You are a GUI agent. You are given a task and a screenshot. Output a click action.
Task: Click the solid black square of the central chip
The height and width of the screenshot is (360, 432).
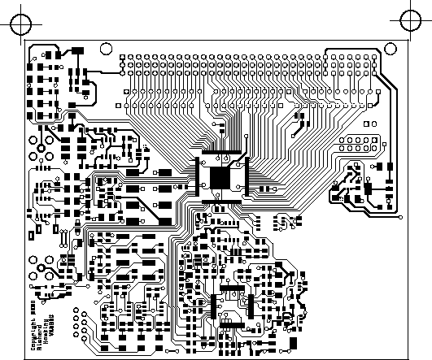click(x=220, y=177)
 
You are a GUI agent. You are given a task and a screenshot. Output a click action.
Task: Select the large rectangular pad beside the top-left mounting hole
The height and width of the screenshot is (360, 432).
click(x=78, y=51)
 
